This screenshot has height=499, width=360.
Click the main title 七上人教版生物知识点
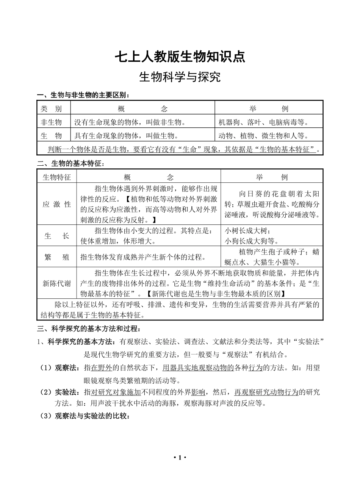(180, 56)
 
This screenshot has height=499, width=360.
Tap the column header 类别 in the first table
(51, 109)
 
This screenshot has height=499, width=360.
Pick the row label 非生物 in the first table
(51, 122)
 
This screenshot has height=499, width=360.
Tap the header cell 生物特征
(57, 177)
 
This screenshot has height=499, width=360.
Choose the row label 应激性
(57, 204)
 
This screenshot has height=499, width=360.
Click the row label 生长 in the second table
(57, 236)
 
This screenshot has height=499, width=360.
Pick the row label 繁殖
(57, 257)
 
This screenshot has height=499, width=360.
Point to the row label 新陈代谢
(57, 283)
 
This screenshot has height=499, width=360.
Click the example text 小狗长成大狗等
(252, 241)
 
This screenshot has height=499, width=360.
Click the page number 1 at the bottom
(180, 458)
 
